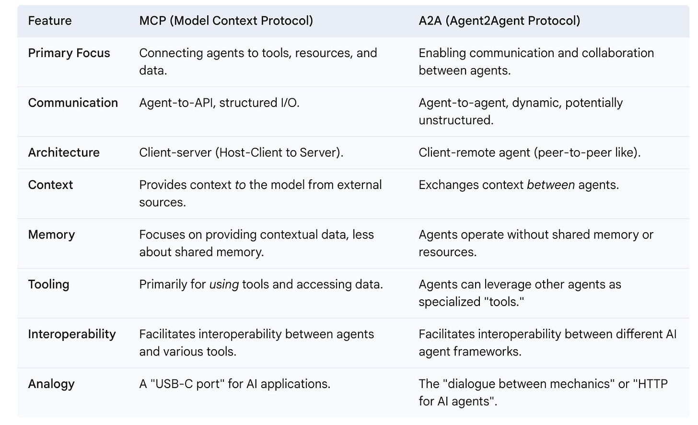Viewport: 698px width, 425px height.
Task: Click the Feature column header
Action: coord(50,21)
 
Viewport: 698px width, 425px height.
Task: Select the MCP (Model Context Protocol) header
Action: coord(226,21)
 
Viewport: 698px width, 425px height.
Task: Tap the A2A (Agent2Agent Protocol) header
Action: coord(499,21)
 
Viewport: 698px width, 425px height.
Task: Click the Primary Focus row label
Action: coord(69,53)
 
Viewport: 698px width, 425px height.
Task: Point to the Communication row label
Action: coord(73,103)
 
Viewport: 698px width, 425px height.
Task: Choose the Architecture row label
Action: coord(64,153)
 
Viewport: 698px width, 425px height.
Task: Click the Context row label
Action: coord(50,185)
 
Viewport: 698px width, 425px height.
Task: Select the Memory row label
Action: coord(51,235)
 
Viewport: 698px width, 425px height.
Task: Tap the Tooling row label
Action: coord(48,284)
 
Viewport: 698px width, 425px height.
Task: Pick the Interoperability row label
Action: coord(72,334)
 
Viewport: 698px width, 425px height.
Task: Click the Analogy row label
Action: coord(51,384)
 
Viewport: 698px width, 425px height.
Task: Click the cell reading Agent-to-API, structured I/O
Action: coord(219,103)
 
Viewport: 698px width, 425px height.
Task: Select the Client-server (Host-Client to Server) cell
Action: coord(241,153)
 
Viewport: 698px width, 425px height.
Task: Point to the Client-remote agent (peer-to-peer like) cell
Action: coord(529,153)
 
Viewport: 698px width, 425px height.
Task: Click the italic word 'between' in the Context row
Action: coord(551,185)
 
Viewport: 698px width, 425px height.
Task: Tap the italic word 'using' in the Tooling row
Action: coord(224,284)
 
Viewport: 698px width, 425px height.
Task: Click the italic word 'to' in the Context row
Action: coord(240,185)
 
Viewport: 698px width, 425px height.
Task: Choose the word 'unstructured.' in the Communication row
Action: coord(456,120)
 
